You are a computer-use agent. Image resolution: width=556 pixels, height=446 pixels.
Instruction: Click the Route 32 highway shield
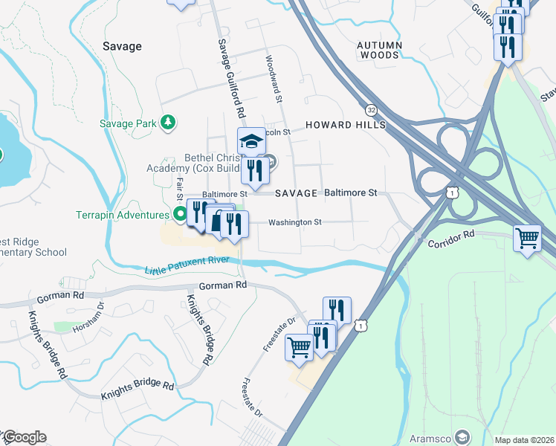pos(371,109)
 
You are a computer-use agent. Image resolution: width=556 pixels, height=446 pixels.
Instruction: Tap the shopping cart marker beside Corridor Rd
pos(527,239)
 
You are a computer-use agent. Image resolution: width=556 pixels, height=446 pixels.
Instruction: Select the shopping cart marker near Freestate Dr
pos(299,346)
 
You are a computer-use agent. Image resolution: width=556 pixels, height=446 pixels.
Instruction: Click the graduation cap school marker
pos(251,140)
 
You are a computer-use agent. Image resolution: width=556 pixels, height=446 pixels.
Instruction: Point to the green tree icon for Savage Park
pos(169,121)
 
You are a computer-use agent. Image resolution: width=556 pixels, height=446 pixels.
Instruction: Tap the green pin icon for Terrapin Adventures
pos(180,215)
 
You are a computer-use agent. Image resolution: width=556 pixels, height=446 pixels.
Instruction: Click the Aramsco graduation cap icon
pos(462,436)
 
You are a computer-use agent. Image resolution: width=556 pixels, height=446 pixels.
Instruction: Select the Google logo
pos(24,437)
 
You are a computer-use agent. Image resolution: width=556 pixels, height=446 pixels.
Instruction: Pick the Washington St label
pos(294,222)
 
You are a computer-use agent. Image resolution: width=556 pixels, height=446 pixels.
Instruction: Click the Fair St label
pos(179,188)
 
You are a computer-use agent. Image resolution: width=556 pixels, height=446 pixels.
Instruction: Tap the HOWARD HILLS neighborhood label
pos(345,125)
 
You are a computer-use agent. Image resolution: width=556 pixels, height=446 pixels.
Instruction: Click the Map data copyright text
pos(524,440)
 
